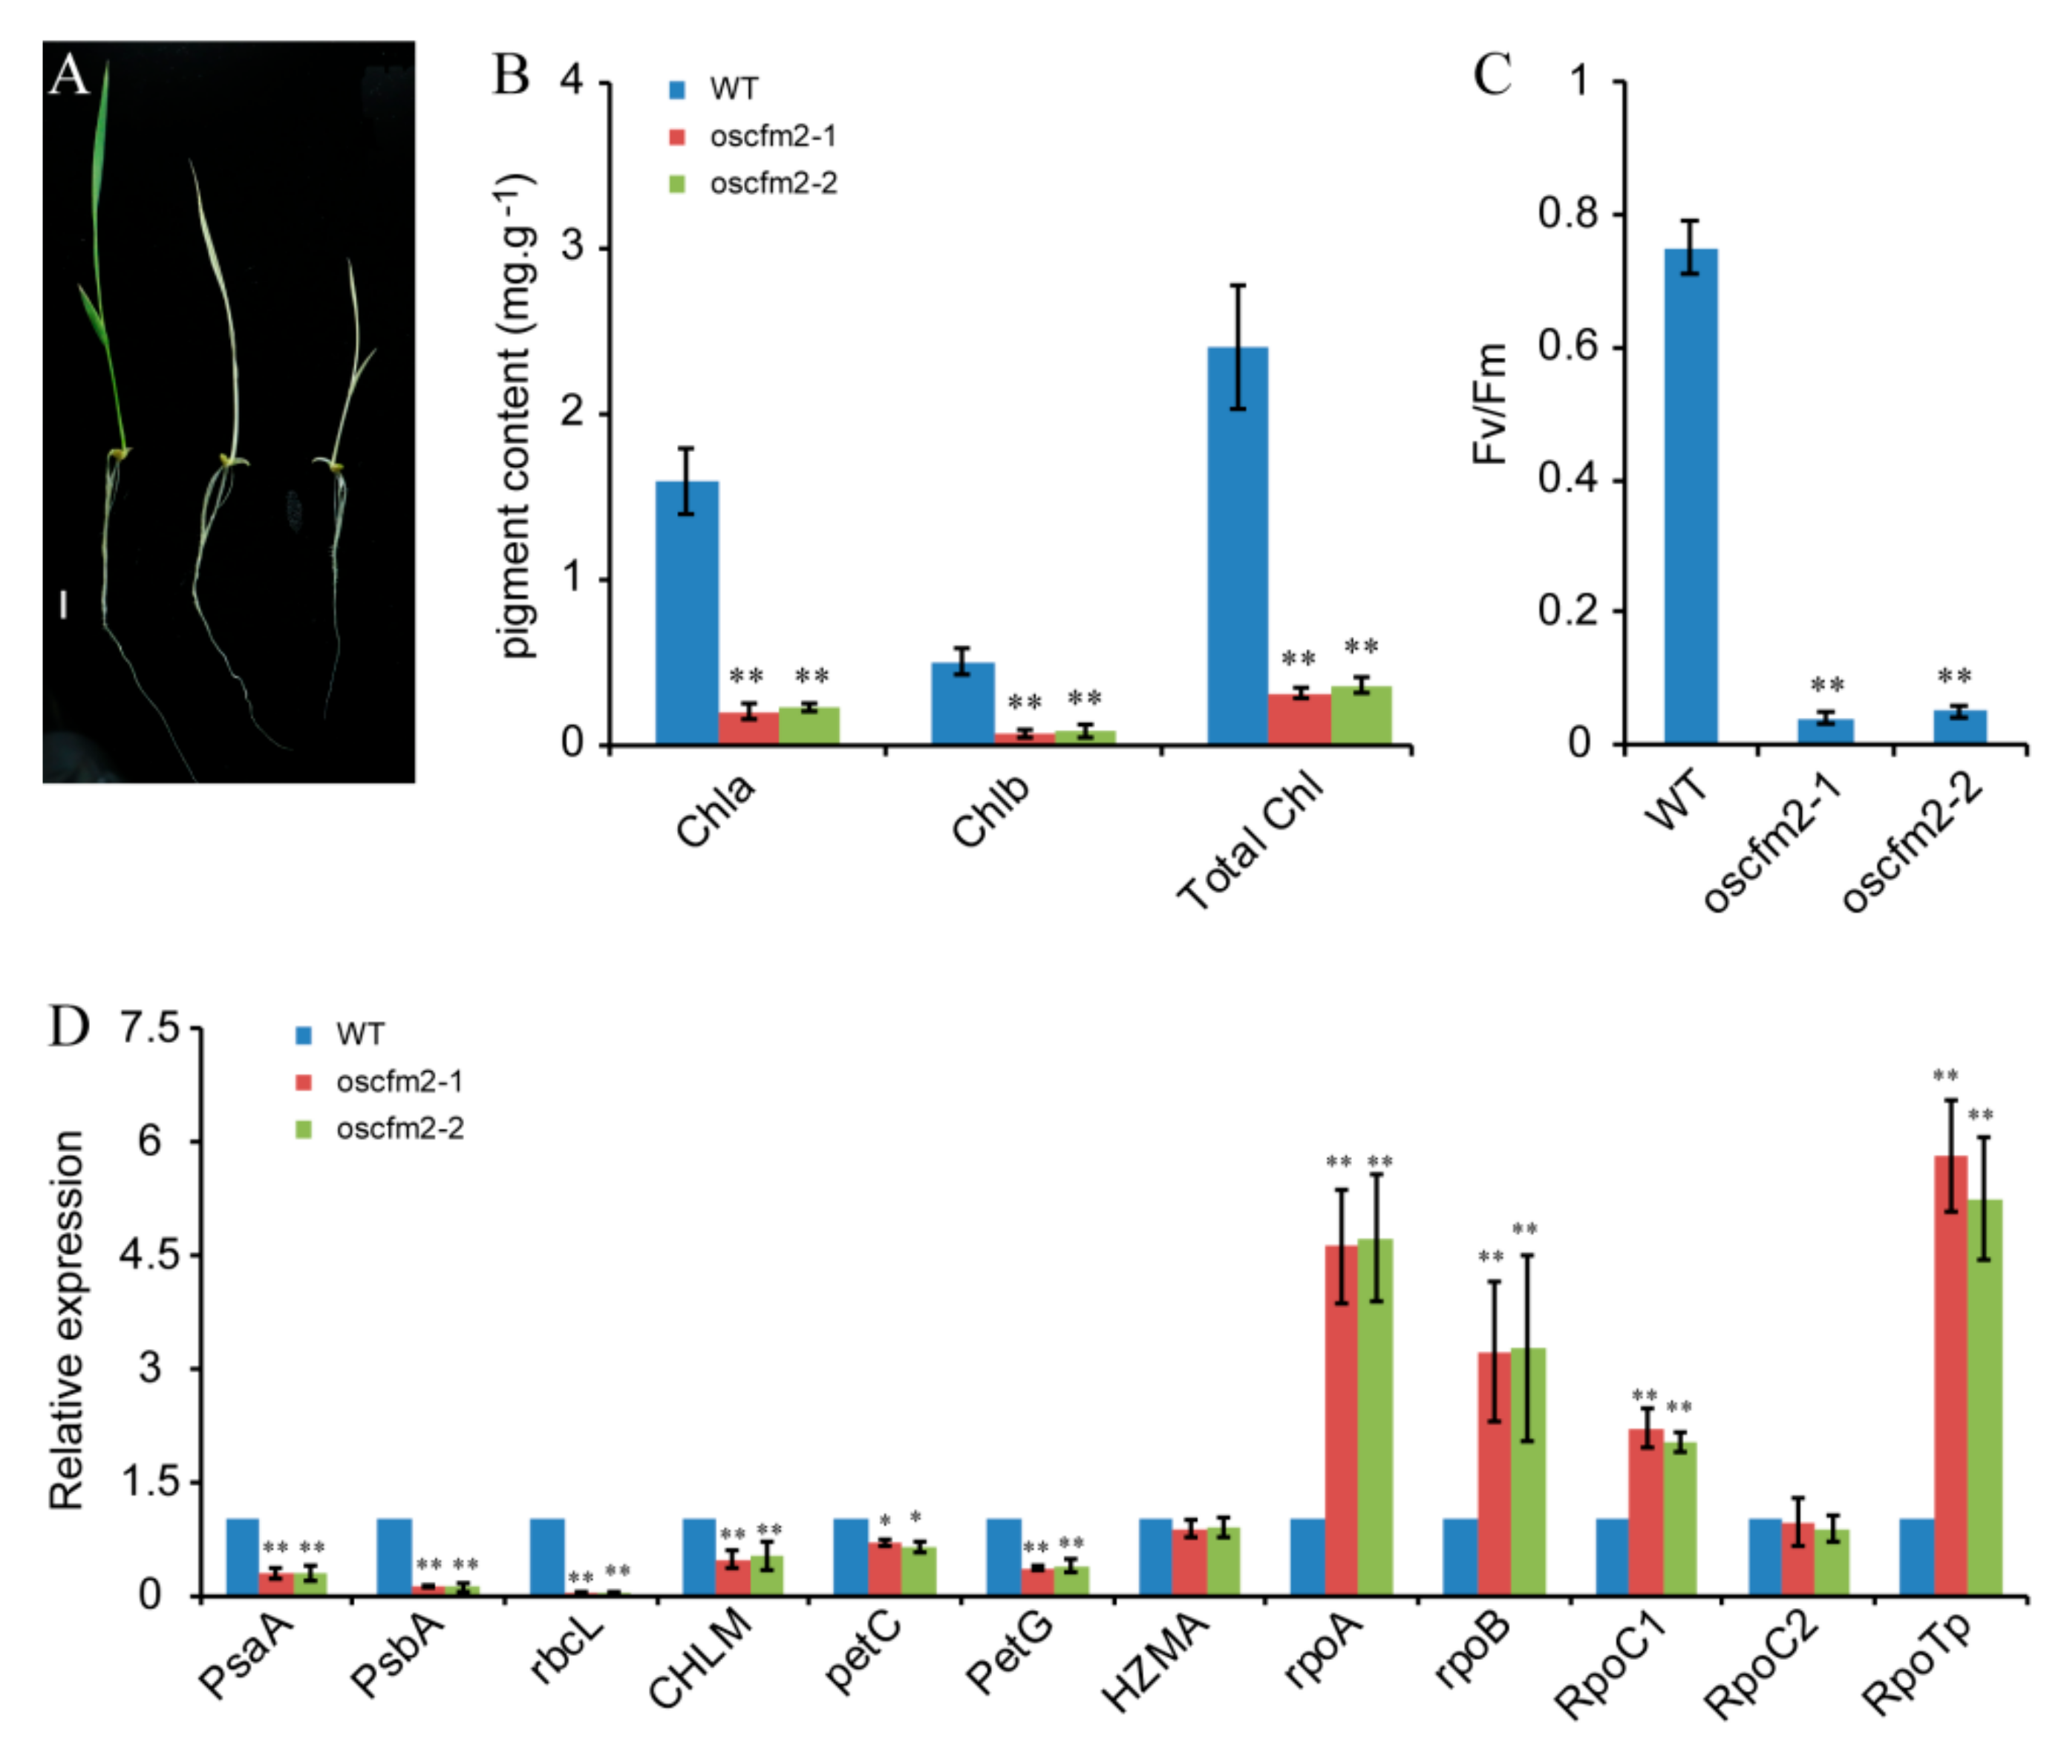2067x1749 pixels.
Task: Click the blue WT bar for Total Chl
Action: pyautogui.click(x=1237, y=546)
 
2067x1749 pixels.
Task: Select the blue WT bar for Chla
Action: pyautogui.click(x=686, y=612)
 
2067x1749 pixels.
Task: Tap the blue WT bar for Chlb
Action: pyautogui.click(x=961, y=703)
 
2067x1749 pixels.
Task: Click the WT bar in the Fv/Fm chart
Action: pyautogui.click(x=1691, y=496)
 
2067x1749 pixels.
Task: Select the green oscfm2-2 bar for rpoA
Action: pyautogui.click(x=1376, y=1418)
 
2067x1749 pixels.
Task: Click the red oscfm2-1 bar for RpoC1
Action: pyautogui.click(x=1646, y=1512)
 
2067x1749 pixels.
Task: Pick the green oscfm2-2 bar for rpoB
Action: pyautogui.click(x=1528, y=1472)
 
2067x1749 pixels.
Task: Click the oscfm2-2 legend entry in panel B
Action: pyautogui.click(x=754, y=183)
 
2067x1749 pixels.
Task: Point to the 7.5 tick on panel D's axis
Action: pyautogui.click(x=148, y=1028)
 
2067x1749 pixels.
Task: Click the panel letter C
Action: pyautogui.click(x=1492, y=74)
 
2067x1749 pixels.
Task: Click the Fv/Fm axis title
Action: pyautogui.click(x=1489, y=404)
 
